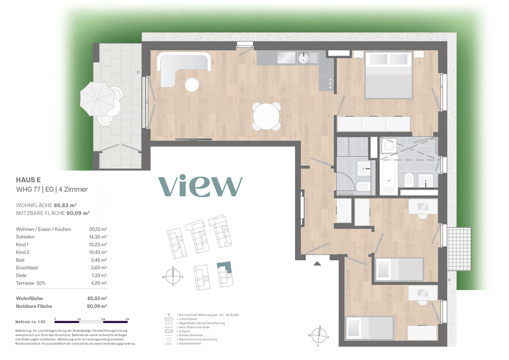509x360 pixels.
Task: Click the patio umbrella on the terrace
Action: point(97,99)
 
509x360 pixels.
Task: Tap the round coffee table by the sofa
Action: point(192,85)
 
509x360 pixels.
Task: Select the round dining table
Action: point(266,116)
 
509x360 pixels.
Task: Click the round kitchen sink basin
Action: point(303,58)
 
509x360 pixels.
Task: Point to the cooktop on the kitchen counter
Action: point(286,57)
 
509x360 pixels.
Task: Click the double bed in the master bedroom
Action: point(389,75)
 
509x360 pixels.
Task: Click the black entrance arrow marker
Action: point(317,263)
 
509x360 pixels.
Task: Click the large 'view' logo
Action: point(200,185)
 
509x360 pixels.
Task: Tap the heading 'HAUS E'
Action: point(28,180)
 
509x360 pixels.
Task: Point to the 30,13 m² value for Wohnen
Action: point(98,229)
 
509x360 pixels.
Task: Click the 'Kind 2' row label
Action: point(22,252)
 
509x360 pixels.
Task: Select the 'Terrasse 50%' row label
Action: point(31,283)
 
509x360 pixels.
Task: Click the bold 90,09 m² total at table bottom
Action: point(97,306)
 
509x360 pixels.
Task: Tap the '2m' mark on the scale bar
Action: point(103,319)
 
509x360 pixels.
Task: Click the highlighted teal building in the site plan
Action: point(225,267)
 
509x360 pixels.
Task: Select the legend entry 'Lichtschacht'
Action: point(188,319)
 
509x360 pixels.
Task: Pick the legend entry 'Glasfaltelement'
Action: point(190,343)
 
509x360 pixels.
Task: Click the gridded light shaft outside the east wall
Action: point(459,249)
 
